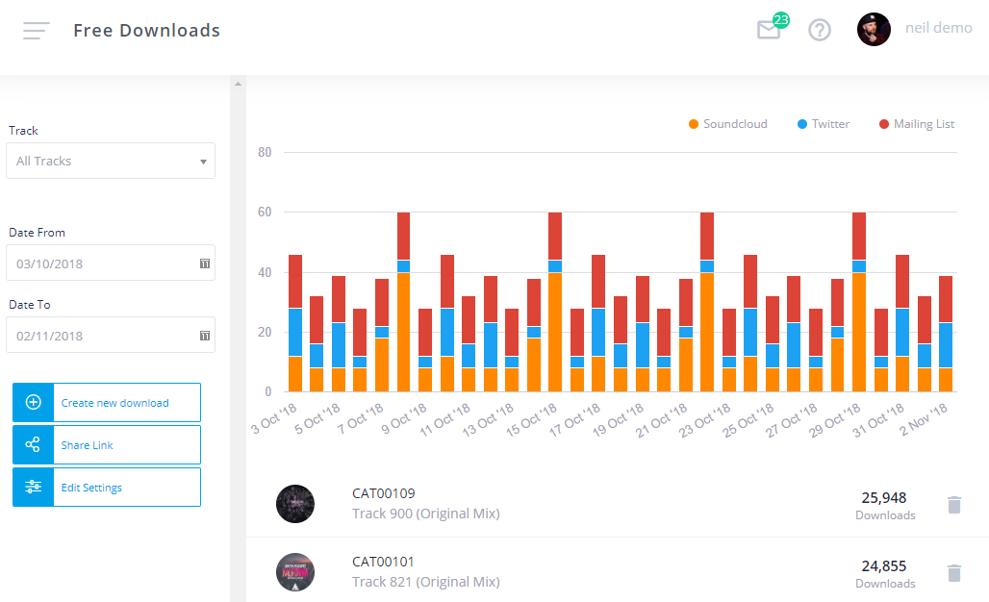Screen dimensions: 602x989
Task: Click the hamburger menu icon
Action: click(37, 31)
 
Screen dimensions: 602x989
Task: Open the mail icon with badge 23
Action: click(769, 30)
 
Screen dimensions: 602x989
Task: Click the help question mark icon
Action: click(820, 30)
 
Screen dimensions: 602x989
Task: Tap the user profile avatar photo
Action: click(874, 29)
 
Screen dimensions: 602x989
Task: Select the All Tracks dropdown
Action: click(111, 161)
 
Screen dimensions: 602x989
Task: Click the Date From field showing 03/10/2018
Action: click(101, 263)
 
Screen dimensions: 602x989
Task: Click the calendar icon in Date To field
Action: click(205, 336)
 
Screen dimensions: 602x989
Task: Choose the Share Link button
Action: click(107, 445)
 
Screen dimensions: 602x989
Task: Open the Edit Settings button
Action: click(107, 488)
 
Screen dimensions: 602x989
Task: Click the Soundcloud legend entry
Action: click(727, 124)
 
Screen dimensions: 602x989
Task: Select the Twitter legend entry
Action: click(824, 124)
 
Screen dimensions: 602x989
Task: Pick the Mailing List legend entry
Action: click(917, 124)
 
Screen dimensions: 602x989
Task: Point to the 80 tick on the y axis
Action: click(265, 152)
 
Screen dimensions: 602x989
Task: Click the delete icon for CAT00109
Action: click(954, 505)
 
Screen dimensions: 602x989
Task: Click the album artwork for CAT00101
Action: click(295, 572)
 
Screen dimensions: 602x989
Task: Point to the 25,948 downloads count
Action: click(884, 498)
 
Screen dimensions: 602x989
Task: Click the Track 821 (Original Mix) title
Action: click(425, 582)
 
